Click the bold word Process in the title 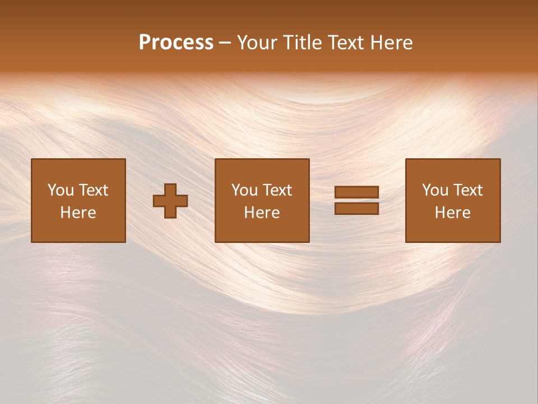point(176,43)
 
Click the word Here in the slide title point(392,43)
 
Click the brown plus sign point(170,201)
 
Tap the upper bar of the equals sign point(356,192)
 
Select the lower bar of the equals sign point(356,209)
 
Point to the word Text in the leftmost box point(93,190)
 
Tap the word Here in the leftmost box point(78,213)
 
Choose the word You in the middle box point(245,190)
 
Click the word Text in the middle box point(277,190)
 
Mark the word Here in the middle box point(262,213)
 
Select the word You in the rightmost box point(435,190)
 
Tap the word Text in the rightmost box point(467,190)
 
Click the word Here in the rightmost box point(452,213)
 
